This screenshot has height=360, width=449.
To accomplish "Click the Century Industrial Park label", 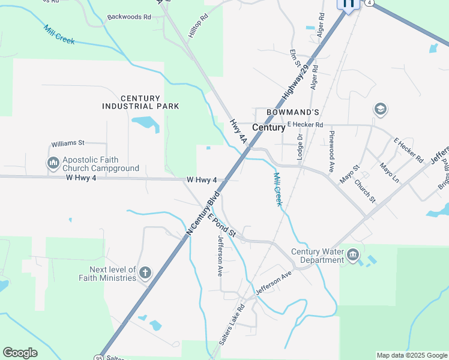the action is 140,102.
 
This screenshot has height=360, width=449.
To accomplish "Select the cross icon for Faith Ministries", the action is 145,274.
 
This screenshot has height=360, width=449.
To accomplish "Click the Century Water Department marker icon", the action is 353,256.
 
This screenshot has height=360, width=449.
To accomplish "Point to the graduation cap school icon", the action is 379,109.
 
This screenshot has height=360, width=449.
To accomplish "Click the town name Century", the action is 268,127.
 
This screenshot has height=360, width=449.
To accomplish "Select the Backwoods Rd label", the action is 129,17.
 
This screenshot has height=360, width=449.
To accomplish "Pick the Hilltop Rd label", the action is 197,31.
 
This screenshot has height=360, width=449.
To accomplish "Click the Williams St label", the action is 68,143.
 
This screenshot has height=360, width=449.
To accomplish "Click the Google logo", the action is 20,353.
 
